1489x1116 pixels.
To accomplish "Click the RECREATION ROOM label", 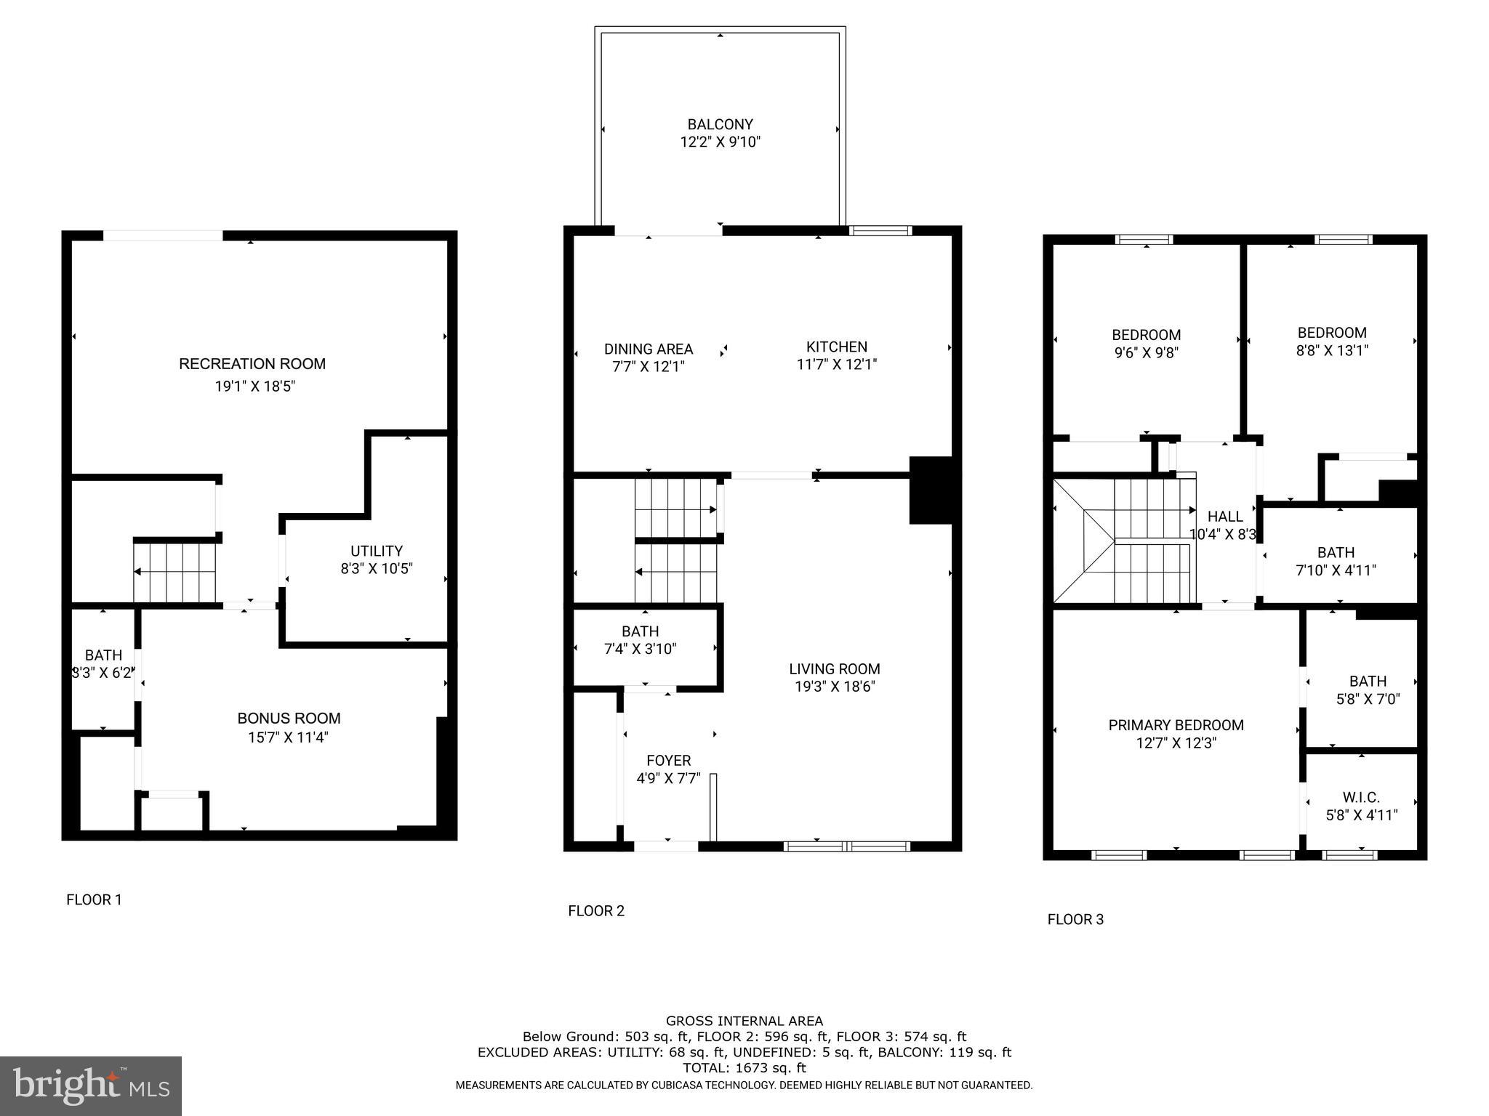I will (252, 364).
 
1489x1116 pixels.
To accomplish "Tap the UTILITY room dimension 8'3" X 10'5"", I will (377, 569).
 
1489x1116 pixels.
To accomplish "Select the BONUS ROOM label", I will (289, 719).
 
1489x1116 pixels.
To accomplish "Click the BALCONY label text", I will (720, 125).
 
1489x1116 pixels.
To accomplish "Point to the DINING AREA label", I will (648, 349).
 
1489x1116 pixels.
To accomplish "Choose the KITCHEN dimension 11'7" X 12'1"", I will (836, 365).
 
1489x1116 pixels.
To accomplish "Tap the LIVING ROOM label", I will (834, 669).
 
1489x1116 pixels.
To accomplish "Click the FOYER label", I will (668, 761).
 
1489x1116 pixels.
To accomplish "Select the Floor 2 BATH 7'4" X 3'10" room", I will (641, 640).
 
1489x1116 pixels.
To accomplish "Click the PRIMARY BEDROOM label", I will (1176, 725).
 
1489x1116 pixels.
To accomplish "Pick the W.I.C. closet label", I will (1361, 798).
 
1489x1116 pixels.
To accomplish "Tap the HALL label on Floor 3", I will (1225, 517).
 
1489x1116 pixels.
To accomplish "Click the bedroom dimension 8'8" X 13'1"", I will (1332, 351).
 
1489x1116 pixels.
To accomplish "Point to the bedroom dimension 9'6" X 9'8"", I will (1146, 353).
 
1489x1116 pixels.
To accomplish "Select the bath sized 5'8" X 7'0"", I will (1368, 690).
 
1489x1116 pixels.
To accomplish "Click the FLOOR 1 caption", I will (94, 900).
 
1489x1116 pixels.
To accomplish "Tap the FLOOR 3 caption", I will (1075, 920).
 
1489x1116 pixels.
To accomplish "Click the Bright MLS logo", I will (91, 1085).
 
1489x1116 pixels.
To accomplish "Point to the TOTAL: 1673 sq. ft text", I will (744, 1068).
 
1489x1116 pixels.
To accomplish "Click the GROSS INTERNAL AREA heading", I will (744, 1021).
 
